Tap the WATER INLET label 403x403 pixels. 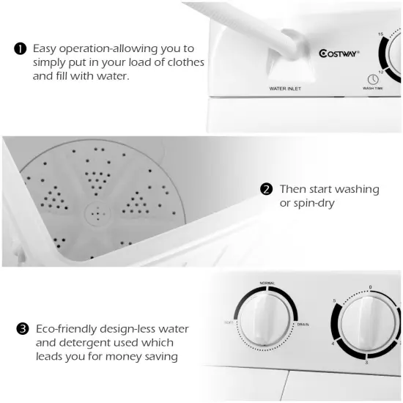coord(286,89)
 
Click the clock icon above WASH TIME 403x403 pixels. coord(372,79)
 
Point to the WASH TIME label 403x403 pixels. coord(372,89)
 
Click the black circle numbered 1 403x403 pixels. coord(21,48)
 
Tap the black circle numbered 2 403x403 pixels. coord(267,189)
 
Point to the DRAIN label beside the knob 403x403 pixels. coord(303,323)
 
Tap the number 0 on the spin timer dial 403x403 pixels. coord(371,286)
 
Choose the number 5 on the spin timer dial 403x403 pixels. coord(335,302)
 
